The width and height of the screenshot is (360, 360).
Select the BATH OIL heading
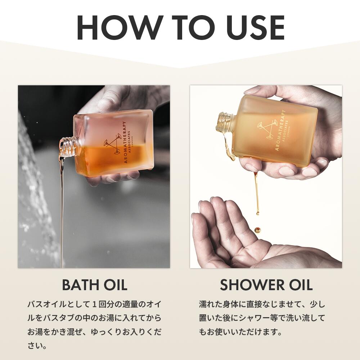[x=95, y=285]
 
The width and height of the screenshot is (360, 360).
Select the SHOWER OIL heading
[x=266, y=285]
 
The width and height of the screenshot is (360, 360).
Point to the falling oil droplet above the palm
[x=258, y=230]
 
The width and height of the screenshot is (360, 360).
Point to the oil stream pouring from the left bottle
[x=61, y=207]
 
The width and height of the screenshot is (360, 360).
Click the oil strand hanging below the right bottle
[x=256, y=193]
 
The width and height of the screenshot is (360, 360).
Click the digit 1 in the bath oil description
[x=94, y=305]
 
